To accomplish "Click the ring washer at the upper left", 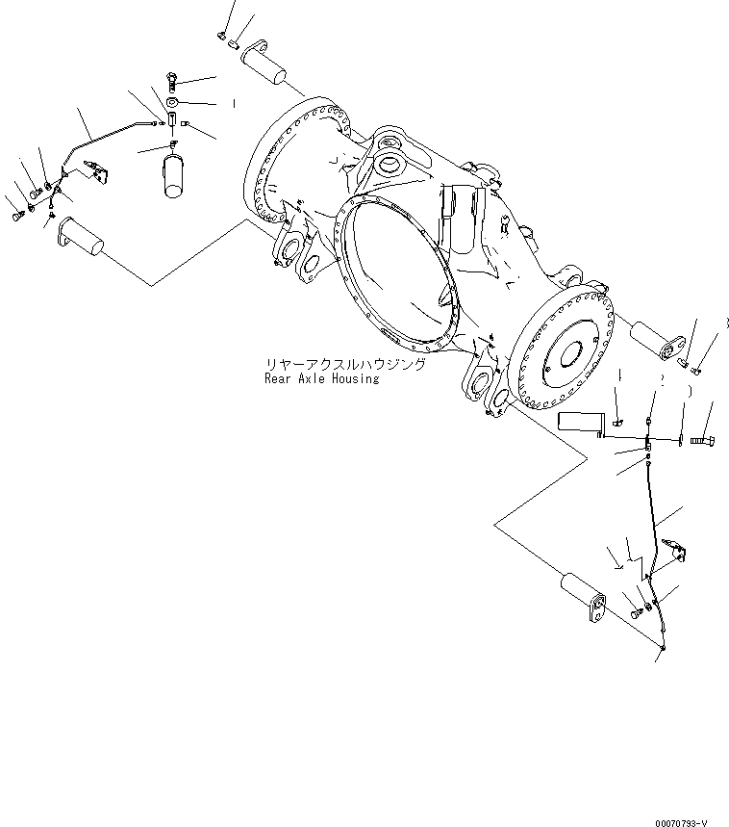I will (x=171, y=103).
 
